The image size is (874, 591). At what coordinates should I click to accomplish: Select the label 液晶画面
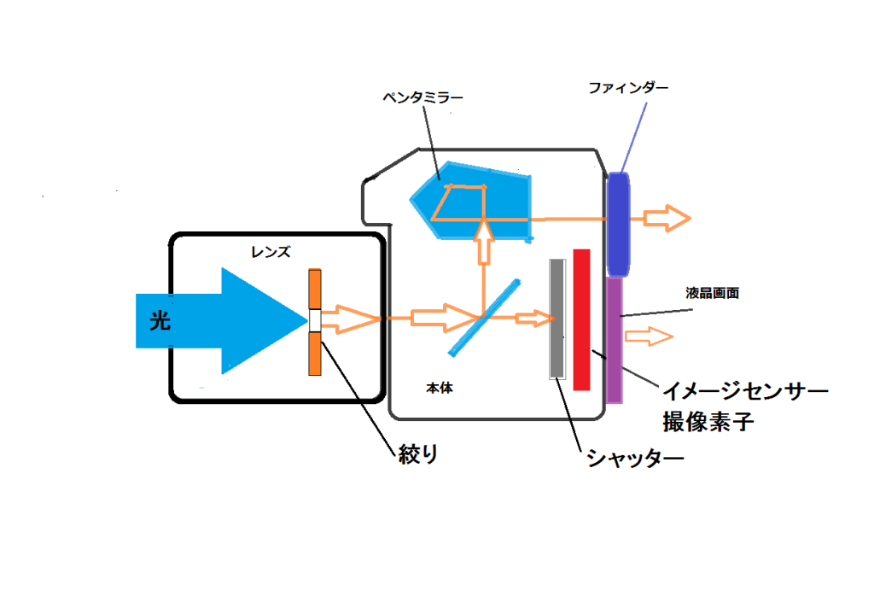point(711,292)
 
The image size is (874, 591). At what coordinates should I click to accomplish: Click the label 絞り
point(417,453)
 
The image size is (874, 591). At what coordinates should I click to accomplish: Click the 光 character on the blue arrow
point(160,321)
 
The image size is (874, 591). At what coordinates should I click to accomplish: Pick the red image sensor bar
point(581,319)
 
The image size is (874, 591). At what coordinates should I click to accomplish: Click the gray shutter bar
point(557,319)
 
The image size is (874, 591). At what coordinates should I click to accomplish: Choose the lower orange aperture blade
point(316,353)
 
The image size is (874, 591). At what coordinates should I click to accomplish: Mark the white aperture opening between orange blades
point(316,320)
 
